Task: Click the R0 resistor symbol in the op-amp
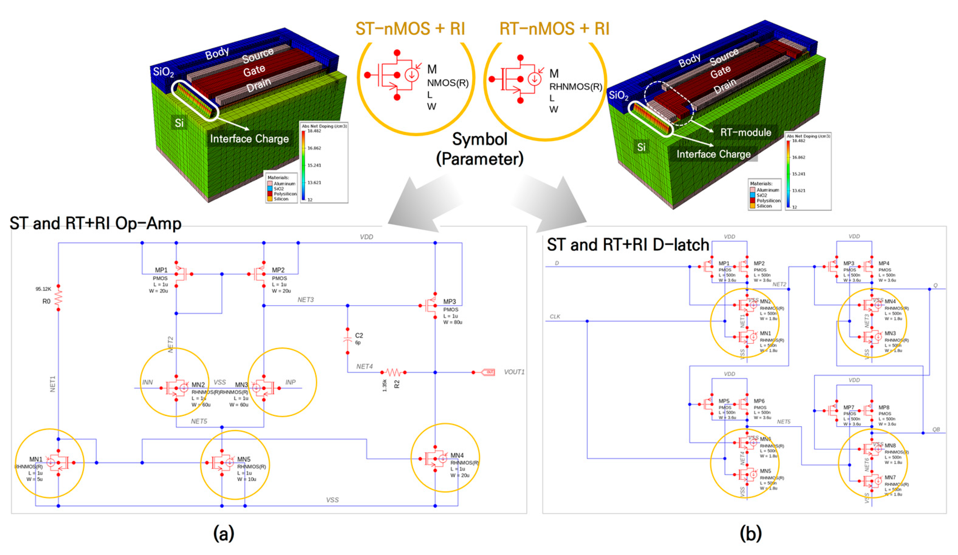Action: tap(58, 298)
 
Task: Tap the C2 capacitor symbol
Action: tap(347, 341)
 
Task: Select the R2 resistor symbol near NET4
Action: tap(393, 372)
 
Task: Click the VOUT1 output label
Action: tap(514, 372)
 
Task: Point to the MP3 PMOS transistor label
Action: tap(449, 302)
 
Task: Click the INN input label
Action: tap(148, 382)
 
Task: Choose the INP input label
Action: tap(290, 382)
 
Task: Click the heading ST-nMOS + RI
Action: tap(410, 29)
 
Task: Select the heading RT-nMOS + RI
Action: tap(554, 29)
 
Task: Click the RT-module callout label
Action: tap(746, 133)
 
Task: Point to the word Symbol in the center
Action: tap(479, 139)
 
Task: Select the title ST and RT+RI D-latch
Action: tap(628, 245)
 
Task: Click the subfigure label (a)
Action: tap(224, 533)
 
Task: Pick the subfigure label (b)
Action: tap(750, 533)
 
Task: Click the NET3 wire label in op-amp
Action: tap(306, 300)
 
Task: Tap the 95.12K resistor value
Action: tap(43, 289)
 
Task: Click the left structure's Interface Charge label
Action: tap(250, 139)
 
